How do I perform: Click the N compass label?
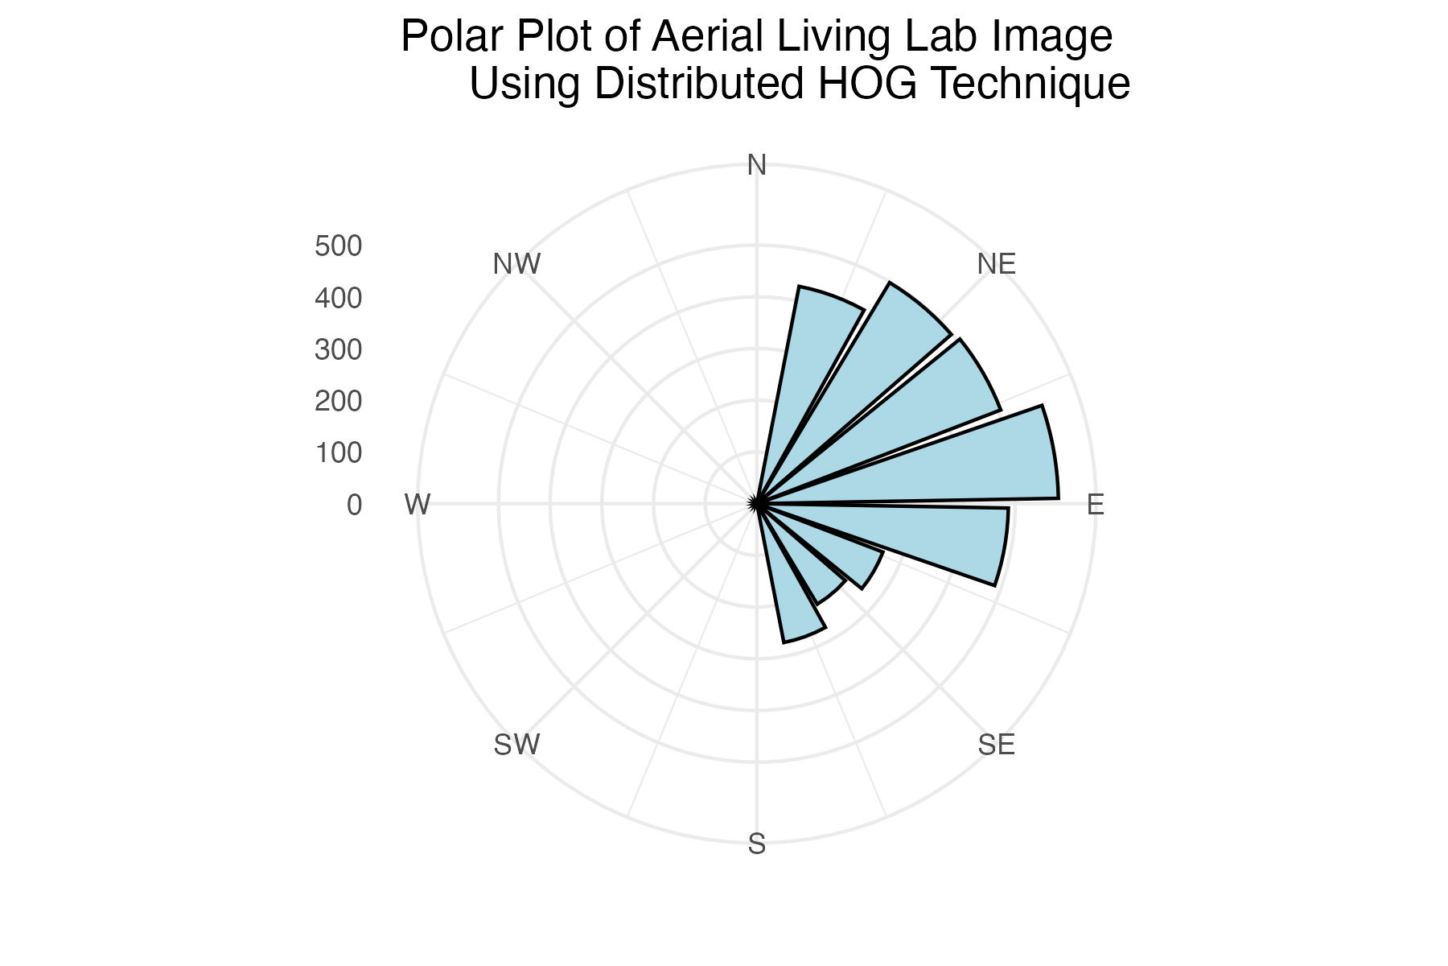click(756, 166)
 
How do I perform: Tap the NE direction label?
click(996, 264)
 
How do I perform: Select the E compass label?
click(1095, 506)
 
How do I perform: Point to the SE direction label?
click(996, 745)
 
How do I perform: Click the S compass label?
click(756, 844)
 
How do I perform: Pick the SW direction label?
click(516, 745)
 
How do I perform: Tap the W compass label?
click(418, 506)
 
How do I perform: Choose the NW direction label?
click(516, 264)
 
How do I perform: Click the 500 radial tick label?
click(338, 246)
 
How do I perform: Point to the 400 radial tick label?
click(338, 299)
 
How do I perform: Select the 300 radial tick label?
click(338, 350)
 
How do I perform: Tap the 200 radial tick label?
click(338, 402)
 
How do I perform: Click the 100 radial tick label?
click(338, 453)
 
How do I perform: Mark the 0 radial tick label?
click(354, 506)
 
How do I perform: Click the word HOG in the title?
click(867, 84)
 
